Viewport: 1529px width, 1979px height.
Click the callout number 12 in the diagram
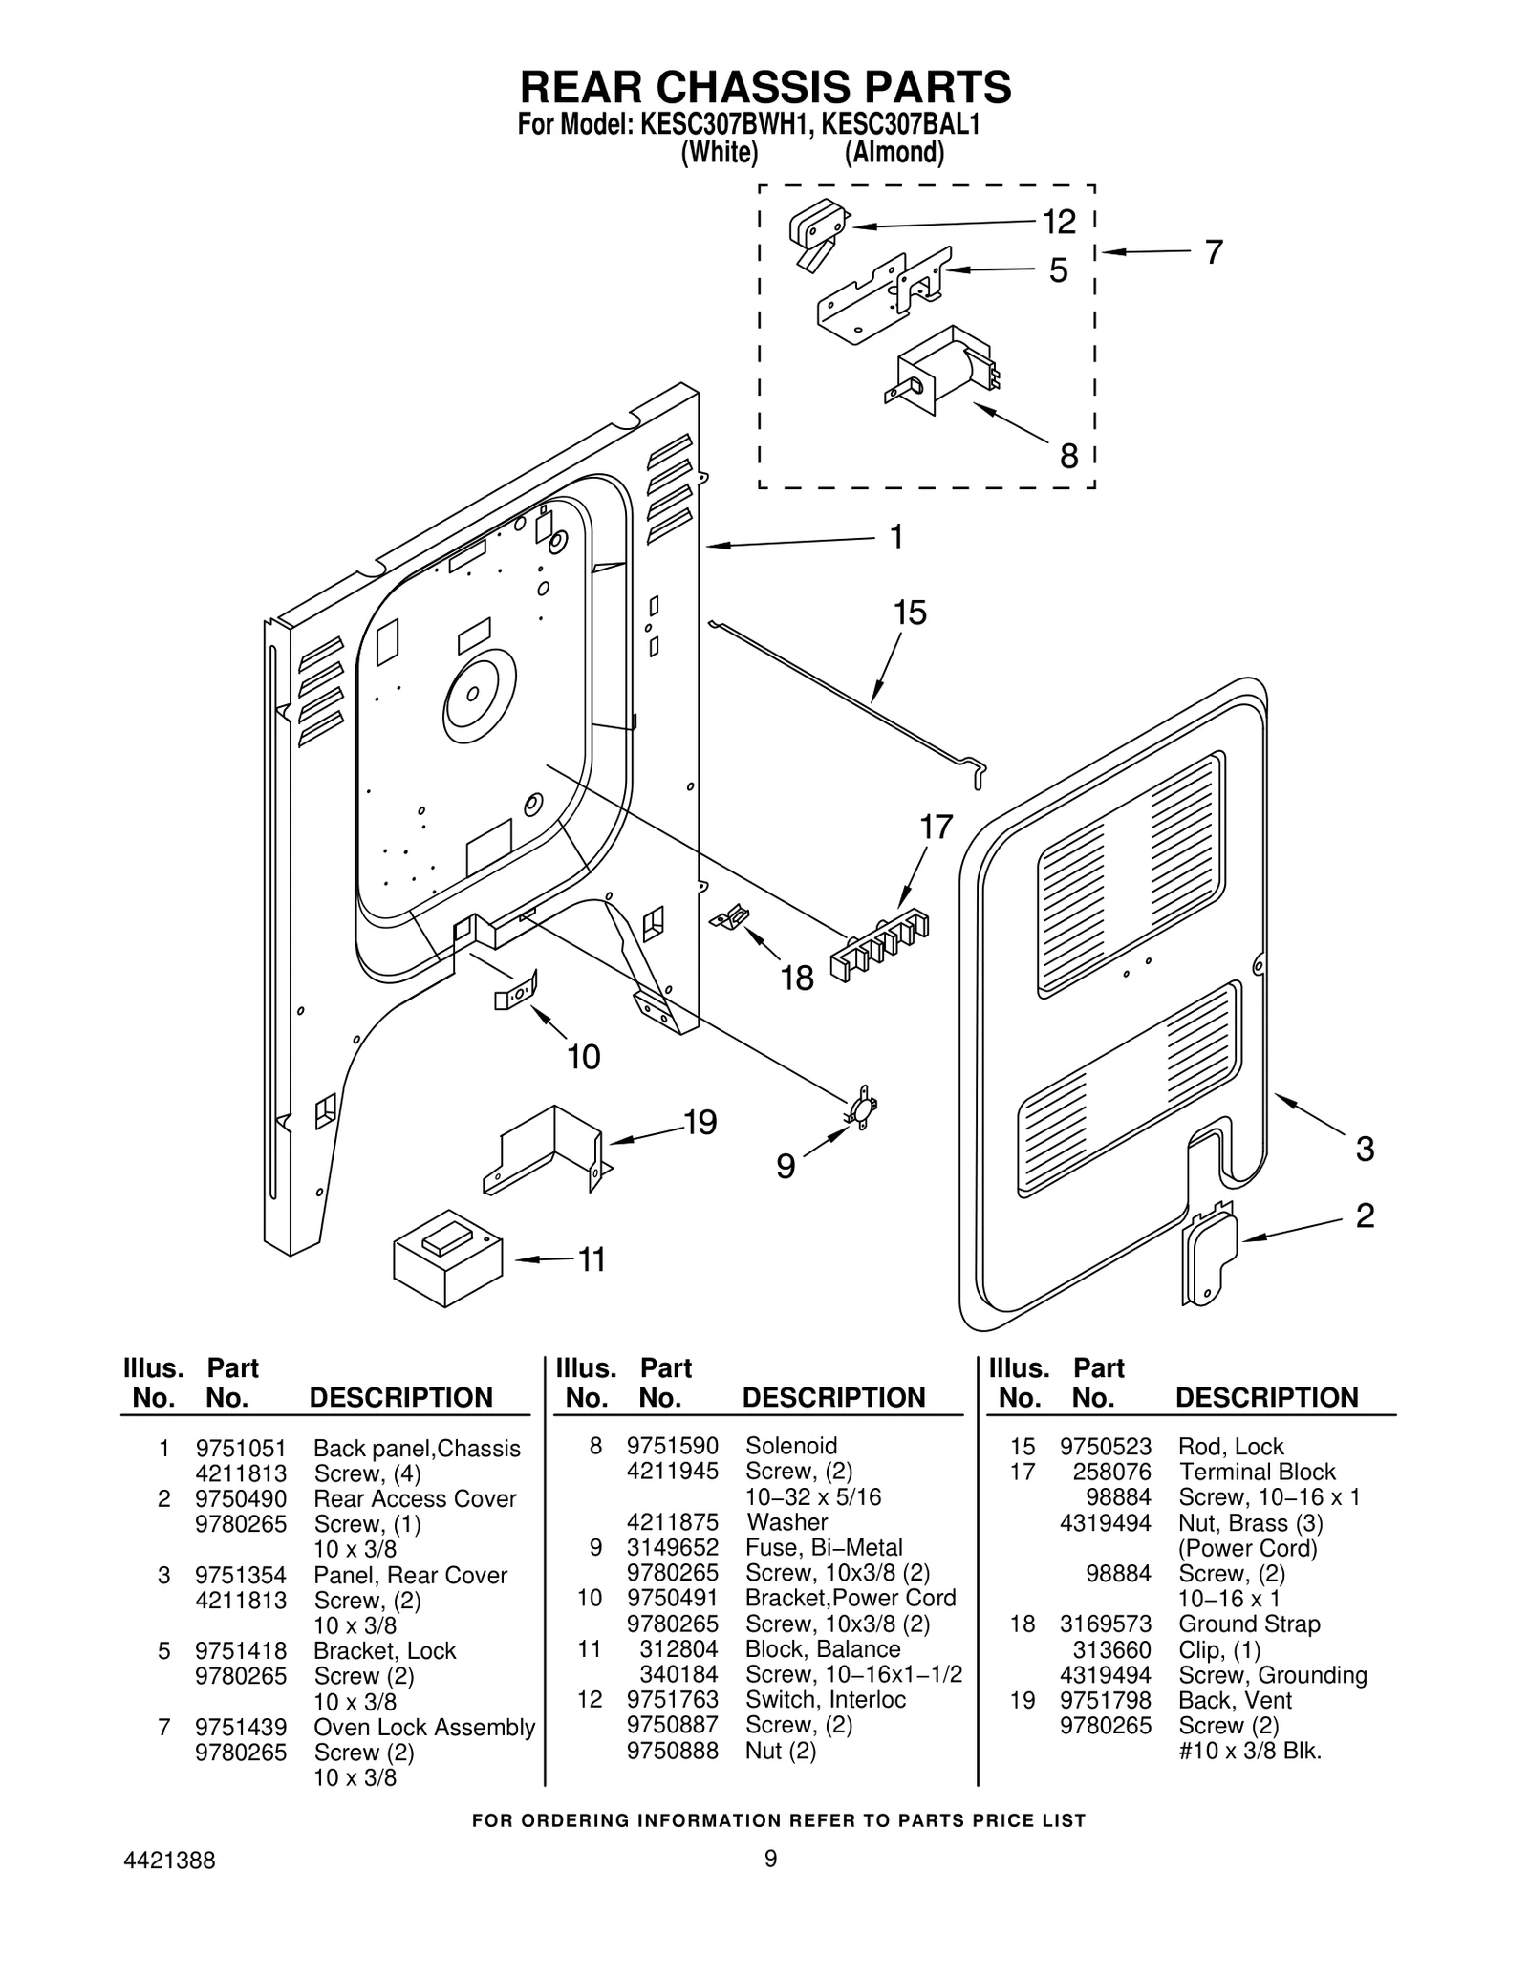point(1058,222)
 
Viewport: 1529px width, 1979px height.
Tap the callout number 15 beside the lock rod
point(910,613)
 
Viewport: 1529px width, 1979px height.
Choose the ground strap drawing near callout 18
point(731,917)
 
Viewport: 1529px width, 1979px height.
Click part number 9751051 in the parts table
point(240,1449)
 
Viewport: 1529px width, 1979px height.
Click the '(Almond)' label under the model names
point(894,153)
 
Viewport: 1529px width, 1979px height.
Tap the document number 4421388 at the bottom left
point(169,1887)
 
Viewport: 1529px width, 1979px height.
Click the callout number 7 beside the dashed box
point(1212,252)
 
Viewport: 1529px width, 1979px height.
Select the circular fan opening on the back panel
point(480,698)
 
